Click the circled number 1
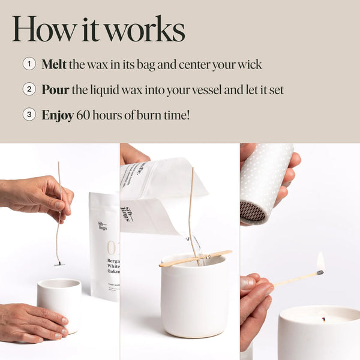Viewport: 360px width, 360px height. coord(29,64)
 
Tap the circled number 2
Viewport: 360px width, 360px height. coord(29,89)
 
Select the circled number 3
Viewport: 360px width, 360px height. coord(29,115)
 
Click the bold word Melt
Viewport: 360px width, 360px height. coord(54,64)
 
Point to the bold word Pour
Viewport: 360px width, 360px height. coord(55,89)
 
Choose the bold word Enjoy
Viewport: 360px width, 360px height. coord(58,115)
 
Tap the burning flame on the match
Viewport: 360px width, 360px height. coord(320,262)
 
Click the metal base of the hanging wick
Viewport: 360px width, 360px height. coord(59,263)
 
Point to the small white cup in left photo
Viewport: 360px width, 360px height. coord(59,304)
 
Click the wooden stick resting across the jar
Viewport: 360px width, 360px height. coord(194,258)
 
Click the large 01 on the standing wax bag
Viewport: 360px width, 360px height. coord(112,247)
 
